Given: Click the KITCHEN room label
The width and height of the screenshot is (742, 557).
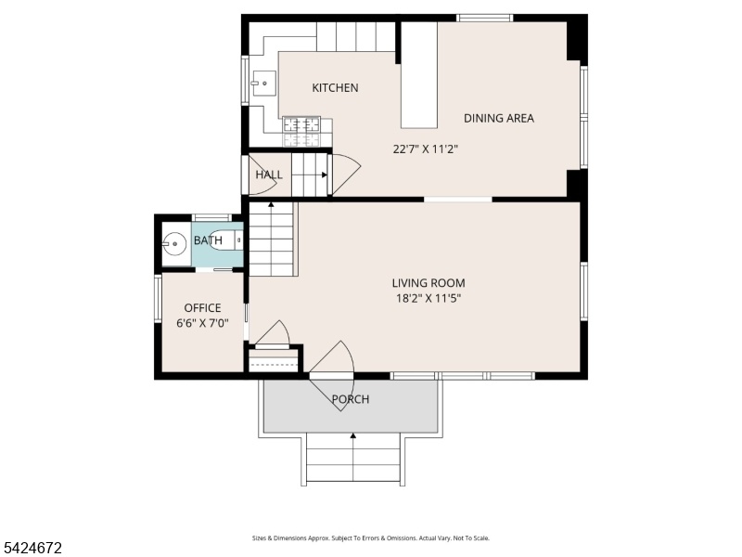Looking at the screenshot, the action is pyautogui.click(x=335, y=87).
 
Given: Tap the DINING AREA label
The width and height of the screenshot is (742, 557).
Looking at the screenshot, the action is pyautogui.click(x=499, y=119).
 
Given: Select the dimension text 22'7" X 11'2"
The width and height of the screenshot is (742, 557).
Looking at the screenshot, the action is pyautogui.click(x=426, y=149).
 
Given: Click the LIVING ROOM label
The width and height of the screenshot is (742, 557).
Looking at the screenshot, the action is pyautogui.click(x=429, y=283).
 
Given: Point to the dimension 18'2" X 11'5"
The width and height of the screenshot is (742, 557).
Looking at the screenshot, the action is pyautogui.click(x=429, y=298).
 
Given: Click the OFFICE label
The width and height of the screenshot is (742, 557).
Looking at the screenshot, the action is pyautogui.click(x=202, y=308).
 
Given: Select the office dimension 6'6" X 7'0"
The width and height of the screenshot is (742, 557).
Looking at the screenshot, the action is pyautogui.click(x=202, y=323).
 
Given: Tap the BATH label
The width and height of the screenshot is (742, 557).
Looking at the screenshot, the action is pyautogui.click(x=208, y=240).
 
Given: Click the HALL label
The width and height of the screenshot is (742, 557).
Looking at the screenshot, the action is pyautogui.click(x=269, y=175).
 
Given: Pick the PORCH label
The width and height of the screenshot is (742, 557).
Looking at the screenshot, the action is pyautogui.click(x=351, y=399).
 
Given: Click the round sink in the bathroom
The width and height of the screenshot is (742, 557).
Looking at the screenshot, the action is pyautogui.click(x=174, y=244).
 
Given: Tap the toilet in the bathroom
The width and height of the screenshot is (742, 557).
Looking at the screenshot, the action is pyautogui.click(x=225, y=240).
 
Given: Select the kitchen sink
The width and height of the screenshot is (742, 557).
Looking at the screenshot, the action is pyautogui.click(x=263, y=84).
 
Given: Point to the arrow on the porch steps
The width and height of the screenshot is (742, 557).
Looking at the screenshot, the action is pyautogui.click(x=353, y=457).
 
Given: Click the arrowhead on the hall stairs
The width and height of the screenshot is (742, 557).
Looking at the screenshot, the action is pyautogui.click(x=325, y=175).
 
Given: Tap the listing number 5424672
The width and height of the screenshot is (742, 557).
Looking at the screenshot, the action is pyautogui.click(x=32, y=548).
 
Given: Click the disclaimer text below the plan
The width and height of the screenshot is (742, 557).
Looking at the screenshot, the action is pyautogui.click(x=370, y=538).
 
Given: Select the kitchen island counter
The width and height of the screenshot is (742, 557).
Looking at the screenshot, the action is pyautogui.click(x=419, y=75).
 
